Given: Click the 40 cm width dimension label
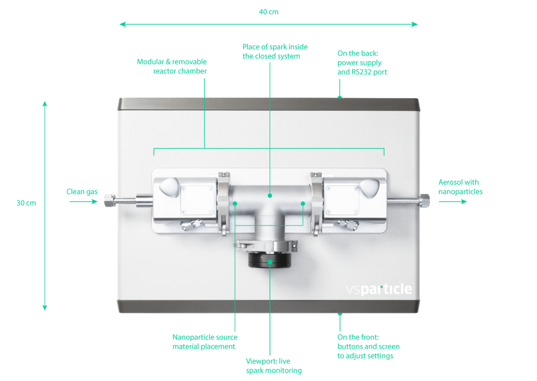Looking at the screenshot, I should click(268, 12).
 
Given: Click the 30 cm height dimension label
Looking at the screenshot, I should click(26, 203).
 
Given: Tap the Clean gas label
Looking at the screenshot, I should click(82, 192).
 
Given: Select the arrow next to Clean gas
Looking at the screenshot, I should click(83, 202).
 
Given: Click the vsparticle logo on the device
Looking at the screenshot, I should click(379, 289).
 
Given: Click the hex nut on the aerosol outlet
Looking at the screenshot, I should click(425, 200).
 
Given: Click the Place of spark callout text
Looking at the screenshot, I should click(275, 51).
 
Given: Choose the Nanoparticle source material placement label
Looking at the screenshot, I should click(205, 342).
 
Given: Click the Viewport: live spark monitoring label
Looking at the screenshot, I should click(273, 366).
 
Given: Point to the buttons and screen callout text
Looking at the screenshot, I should click(368, 346).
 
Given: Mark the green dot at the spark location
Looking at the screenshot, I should click(270, 195).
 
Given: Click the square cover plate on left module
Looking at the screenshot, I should click(198, 200).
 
